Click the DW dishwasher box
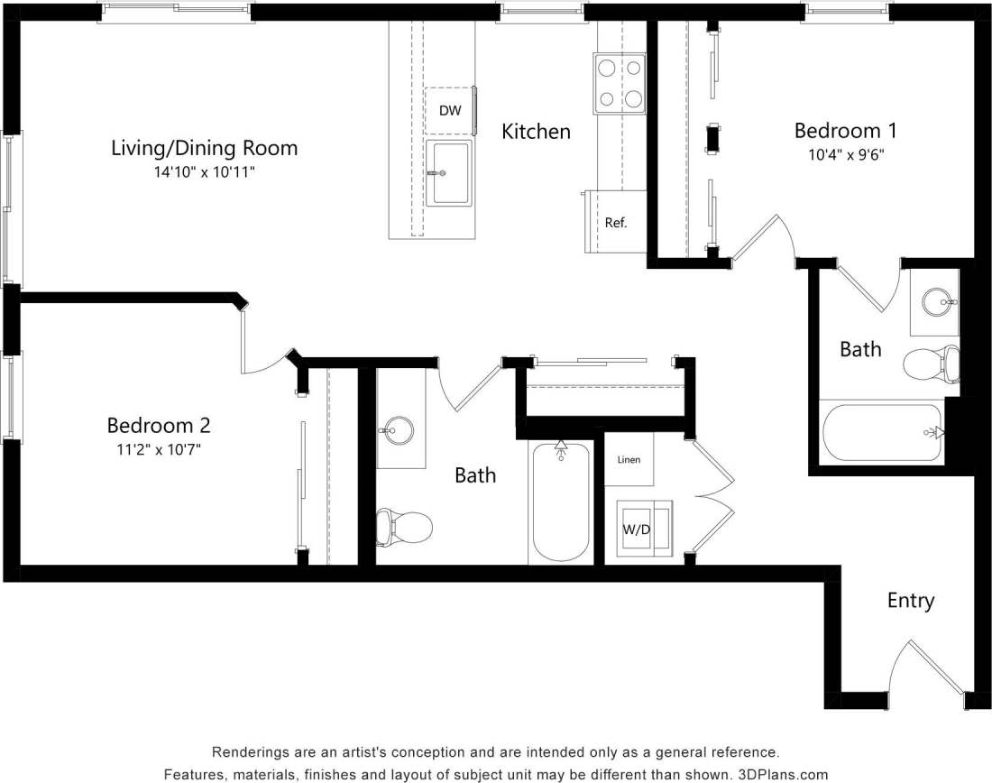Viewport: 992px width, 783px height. pyautogui.click(x=450, y=111)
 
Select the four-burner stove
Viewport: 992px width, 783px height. pyautogui.click(x=620, y=84)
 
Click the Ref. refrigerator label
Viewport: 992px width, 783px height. pyautogui.click(x=616, y=222)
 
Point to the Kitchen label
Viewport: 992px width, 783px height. pyautogui.click(x=536, y=132)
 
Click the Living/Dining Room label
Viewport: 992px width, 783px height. pyautogui.click(x=204, y=147)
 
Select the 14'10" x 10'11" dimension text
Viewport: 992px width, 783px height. pyautogui.click(x=204, y=170)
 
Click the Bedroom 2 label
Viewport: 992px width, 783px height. pyautogui.click(x=159, y=425)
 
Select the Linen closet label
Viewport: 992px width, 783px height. pyautogui.click(x=629, y=460)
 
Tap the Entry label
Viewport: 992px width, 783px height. pyautogui.click(x=910, y=601)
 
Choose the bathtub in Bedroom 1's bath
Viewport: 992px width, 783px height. pyautogui.click(x=882, y=432)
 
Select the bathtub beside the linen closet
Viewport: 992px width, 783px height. pyautogui.click(x=561, y=502)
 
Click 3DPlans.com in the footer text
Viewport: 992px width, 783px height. pyautogui.click(x=783, y=774)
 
